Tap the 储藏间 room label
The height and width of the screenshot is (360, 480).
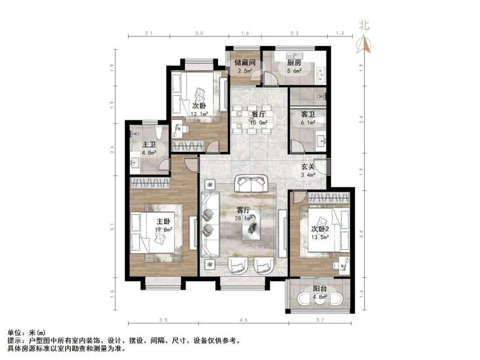(x=245, y=63)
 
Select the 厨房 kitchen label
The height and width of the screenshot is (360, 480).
(x=295, y=63)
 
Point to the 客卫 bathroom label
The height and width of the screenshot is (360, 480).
(x=307, y=114)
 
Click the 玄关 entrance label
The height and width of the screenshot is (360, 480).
(x=307, y=166)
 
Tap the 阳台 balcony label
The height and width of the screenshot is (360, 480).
(x=321, y=290)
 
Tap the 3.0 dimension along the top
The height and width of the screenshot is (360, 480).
(x=199, y=34)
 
